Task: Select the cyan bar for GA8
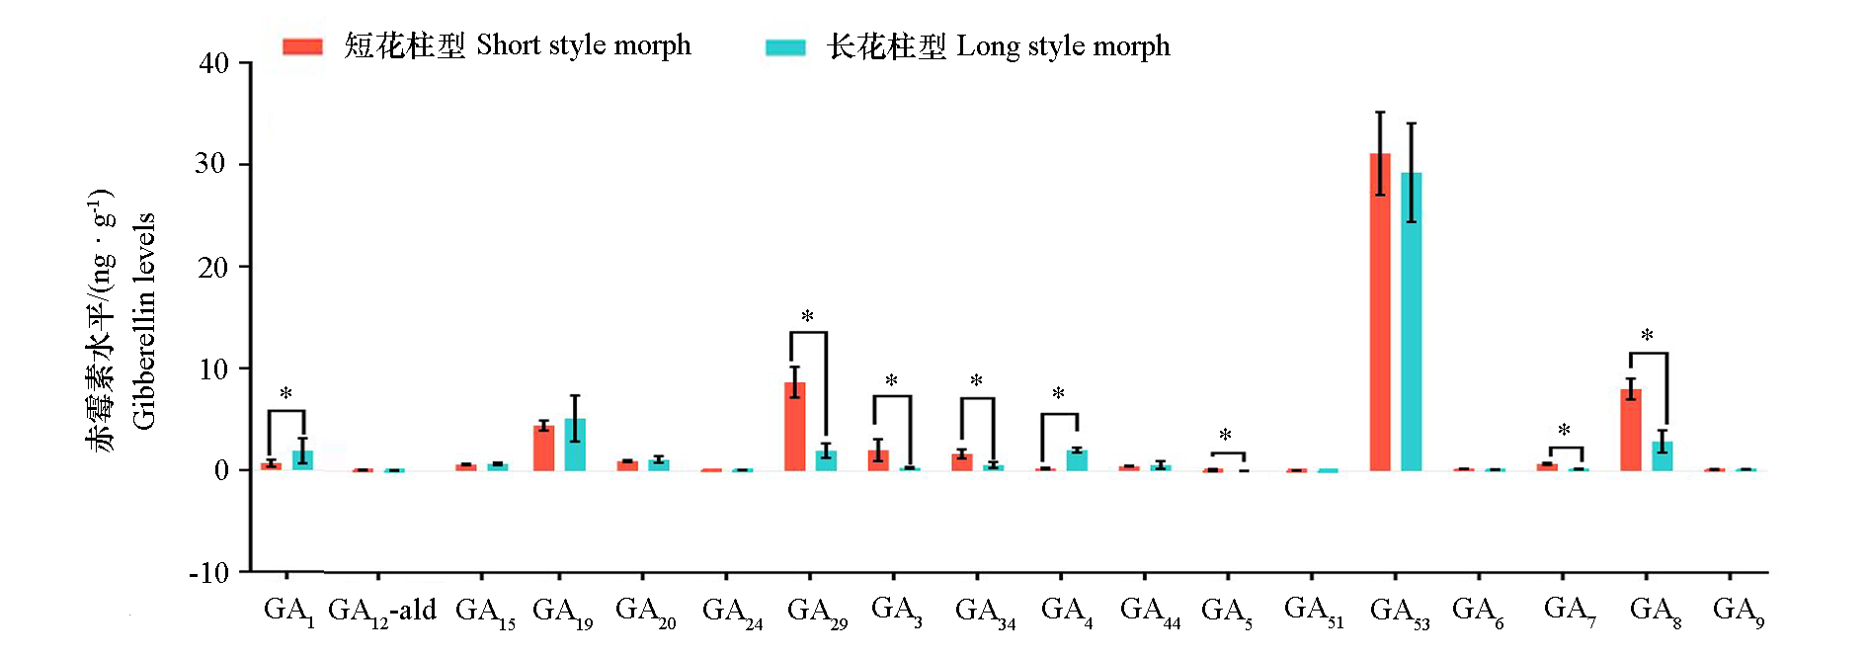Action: [x=1663, y=455]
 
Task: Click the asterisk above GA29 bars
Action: [x=808, y=317]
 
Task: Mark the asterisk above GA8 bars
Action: [x=1647, y=336]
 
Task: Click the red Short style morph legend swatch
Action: [x=302, y=46]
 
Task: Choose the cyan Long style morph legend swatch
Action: [x=785, y=46]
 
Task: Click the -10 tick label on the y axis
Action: [x=208, y=573]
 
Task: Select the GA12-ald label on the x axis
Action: [x=382, y=612]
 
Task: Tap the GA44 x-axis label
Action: [x=1150, y=612]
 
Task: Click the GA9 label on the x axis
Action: [x=1738, y=612]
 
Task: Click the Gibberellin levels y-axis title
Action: [x=144, y=321]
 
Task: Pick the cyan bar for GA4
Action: [x=1077, y=459]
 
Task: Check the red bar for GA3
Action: [x=878, y=459]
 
